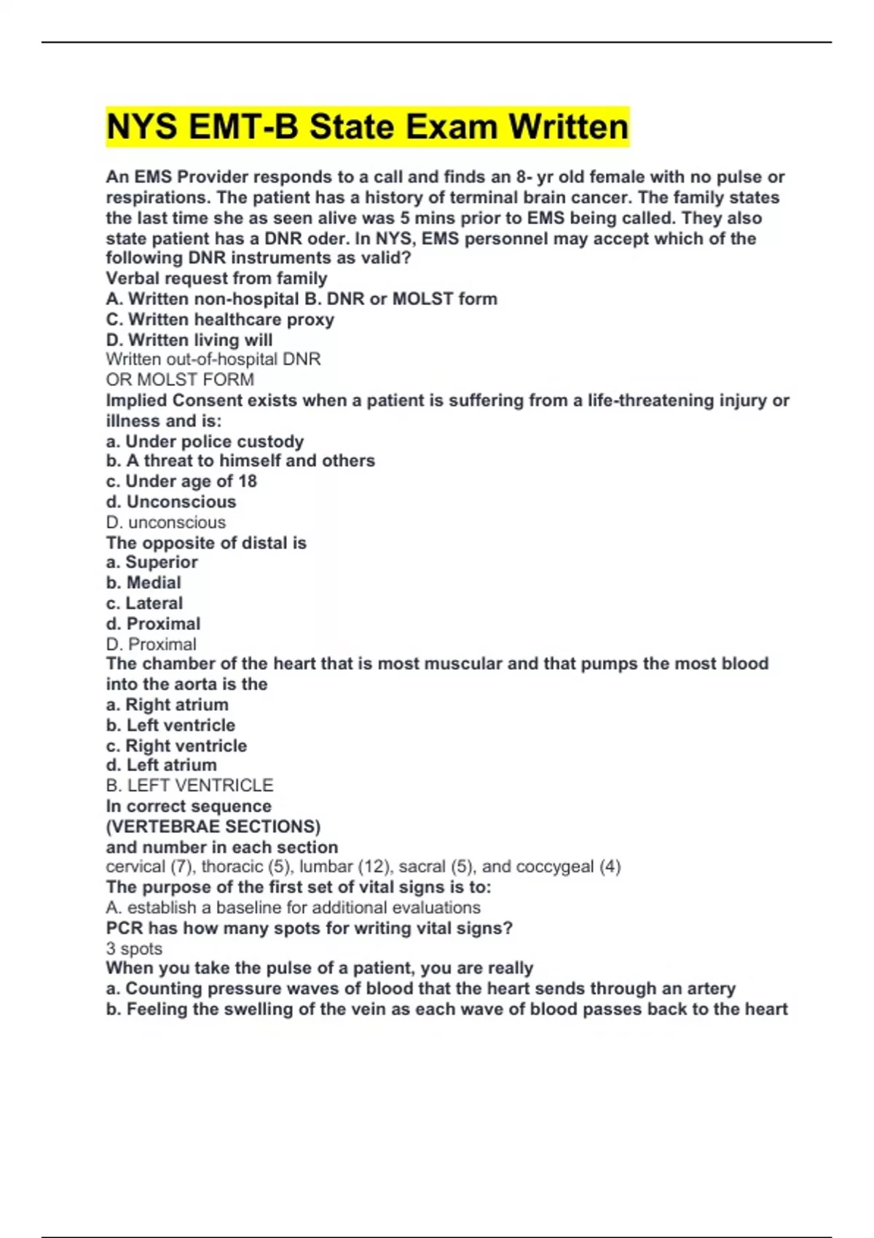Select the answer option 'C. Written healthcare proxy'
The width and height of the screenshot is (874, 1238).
[x=220, y=320]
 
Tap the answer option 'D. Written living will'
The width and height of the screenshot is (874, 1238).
[x=189, y=340]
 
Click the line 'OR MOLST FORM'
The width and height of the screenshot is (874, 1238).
[x=180, y=379]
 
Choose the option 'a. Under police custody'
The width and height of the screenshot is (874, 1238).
[x=205, y=441]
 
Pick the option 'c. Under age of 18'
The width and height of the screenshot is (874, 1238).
[x=181, y=481]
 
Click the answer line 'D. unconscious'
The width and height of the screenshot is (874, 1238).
[x=166, y=522]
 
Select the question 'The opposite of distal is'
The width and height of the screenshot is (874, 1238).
[x=206, y=543]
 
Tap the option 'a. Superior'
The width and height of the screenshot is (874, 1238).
[x=151, y=562]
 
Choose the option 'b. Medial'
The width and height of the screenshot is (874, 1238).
[x=143, y=583]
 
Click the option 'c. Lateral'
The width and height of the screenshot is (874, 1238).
[x=144, y=603]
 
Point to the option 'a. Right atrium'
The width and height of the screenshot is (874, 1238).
[x=167, y=705]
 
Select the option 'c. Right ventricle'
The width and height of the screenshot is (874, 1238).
[x=176, y=746]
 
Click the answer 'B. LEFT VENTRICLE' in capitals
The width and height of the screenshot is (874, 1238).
[x=189, y=785]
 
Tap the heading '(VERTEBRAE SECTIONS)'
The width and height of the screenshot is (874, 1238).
[x=213, y=827]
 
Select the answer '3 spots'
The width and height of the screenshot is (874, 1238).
[x=134, y=948]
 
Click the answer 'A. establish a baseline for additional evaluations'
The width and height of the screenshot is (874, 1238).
[x=293, y=907]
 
